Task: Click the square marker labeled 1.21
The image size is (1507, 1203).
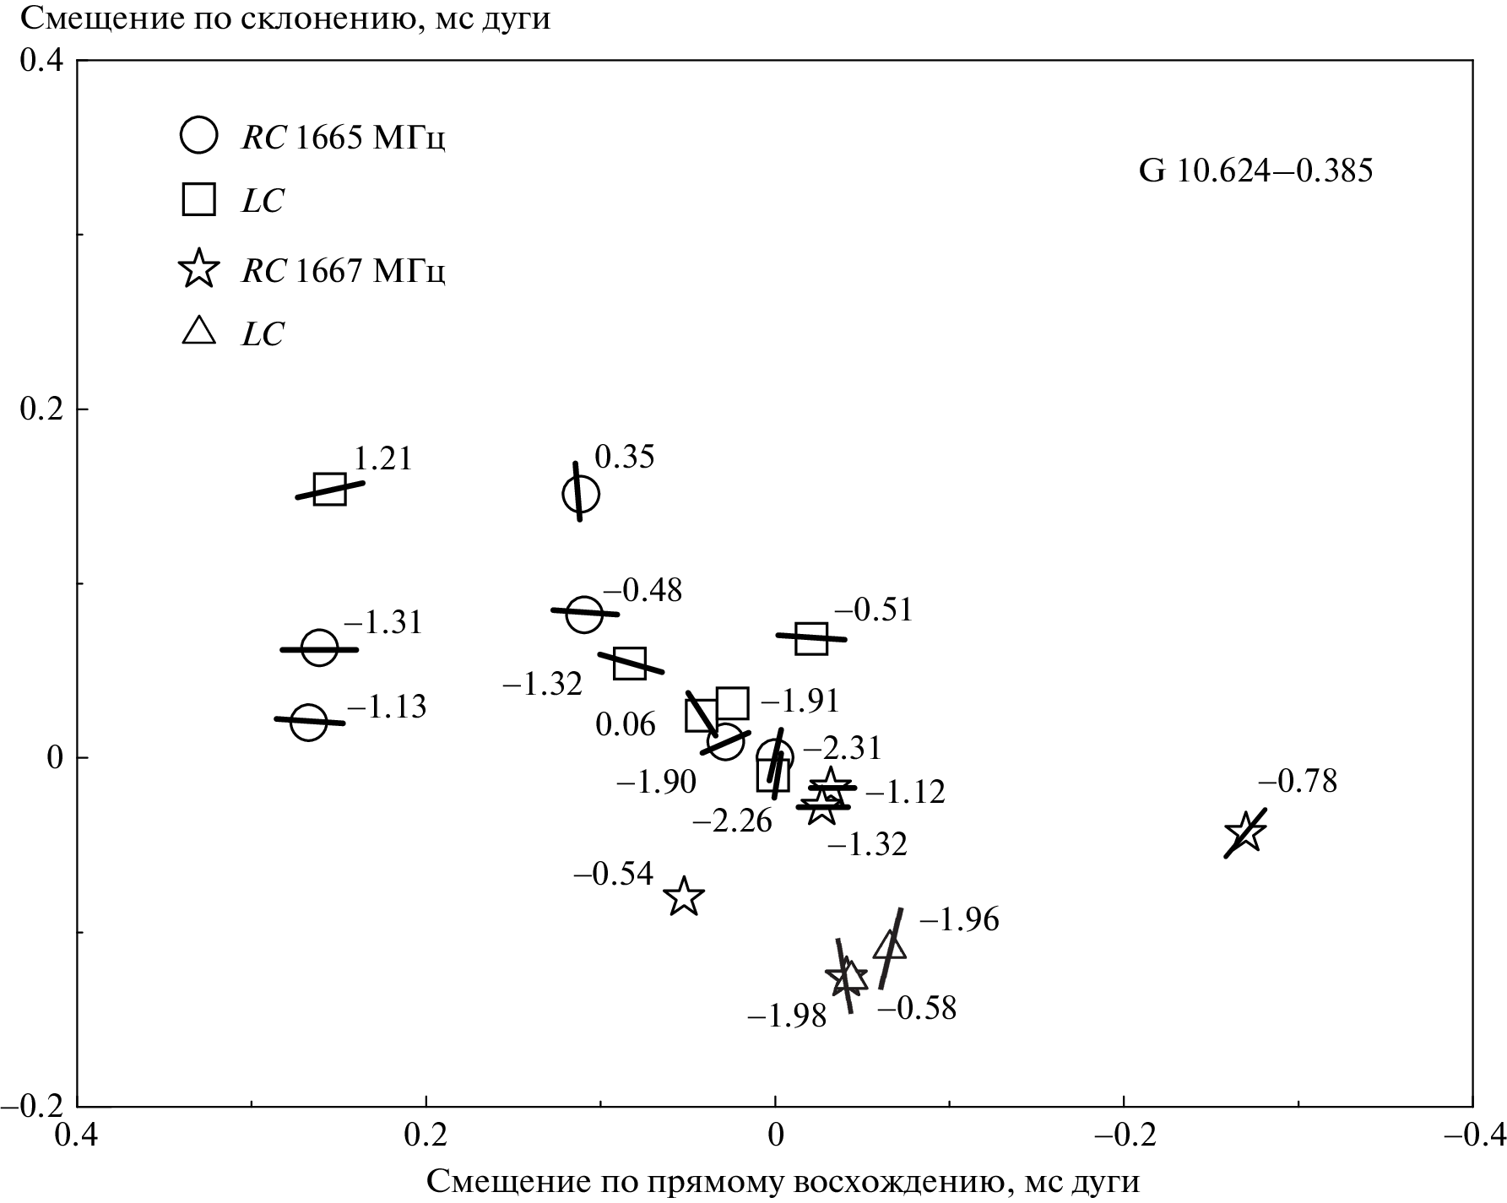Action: click(x=329, y=489)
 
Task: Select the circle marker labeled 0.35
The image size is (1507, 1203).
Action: click(x=581, y=494)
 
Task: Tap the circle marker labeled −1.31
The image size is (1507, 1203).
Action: click(x=319, y=648)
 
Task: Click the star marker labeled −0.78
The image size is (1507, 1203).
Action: click(x=1244, y=833)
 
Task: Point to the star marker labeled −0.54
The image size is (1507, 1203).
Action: click(x=684, y=897)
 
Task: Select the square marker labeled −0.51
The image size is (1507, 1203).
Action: click(x=811, y=638)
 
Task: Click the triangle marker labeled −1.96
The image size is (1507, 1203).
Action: click(x=890, y=946)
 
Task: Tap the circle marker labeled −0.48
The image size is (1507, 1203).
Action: click(x=584, y=614)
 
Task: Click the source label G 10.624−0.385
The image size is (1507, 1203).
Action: click(x=1255, y=171)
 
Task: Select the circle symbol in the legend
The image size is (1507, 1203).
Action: click(x=199, y=135)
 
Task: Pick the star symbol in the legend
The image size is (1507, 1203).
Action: click(x=199, y=269)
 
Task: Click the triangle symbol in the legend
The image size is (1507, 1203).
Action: click(x=199, y=331)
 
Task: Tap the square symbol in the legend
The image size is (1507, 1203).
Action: click(x=199, y=200)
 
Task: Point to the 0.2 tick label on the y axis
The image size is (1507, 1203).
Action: click(x=41, y=409)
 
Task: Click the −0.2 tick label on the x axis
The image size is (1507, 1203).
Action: click(x=1123, y=1134)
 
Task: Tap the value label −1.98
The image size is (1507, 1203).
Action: click(x=787, y=1016)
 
